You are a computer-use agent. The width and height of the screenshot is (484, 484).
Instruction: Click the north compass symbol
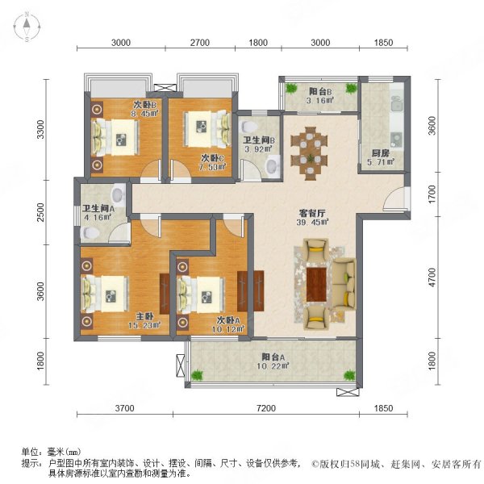tap(26, 29)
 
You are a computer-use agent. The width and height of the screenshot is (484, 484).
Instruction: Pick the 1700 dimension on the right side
tap(432, 194)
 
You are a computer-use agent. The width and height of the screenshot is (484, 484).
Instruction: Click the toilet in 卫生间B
tap(272, 166)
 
